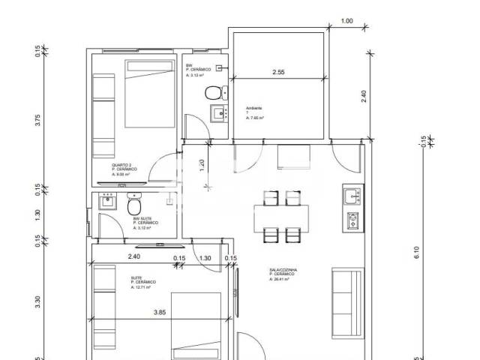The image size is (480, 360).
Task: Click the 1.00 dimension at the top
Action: (346, 21)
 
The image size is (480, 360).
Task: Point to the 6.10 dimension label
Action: (418, 253)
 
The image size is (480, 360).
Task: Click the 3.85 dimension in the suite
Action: (160, 313)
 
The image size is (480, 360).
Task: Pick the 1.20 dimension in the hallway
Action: (201, 165)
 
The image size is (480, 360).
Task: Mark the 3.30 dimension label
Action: (37, 303)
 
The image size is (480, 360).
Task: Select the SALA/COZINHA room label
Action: (284, 272)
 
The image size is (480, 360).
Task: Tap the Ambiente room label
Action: (254, 109)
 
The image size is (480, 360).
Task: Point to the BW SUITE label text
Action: (142, 219)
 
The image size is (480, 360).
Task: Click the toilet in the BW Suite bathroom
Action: (134, 205)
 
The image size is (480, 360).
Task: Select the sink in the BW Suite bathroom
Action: (106, 201)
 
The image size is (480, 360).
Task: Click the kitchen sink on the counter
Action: (352, 196)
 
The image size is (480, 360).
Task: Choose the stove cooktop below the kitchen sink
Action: (352, 220)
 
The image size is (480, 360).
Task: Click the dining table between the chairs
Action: (279, 214)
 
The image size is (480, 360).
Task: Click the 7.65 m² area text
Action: (256, 118)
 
